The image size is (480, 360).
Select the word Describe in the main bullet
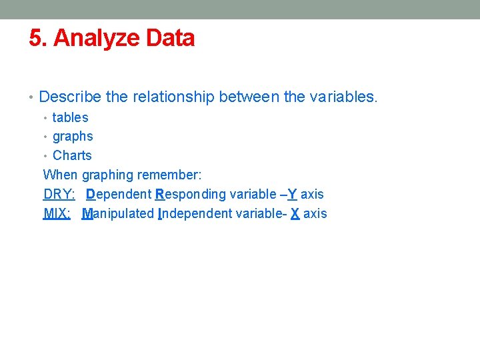click(70, 97)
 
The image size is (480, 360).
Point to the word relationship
click(173, 97)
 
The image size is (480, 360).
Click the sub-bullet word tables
click(70, 117)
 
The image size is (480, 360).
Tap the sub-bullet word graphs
click(73, 137)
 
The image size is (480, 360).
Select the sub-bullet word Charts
click(72, 155)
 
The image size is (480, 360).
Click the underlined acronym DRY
click(58, 194)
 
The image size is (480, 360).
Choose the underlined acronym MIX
click(57, 213)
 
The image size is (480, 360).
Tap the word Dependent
click(119, 194)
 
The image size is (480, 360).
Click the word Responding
click(191, 194)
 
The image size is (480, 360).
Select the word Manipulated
click(118, 213)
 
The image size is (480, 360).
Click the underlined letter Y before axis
click(292, 194)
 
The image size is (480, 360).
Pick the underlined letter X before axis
click(295, 213)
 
